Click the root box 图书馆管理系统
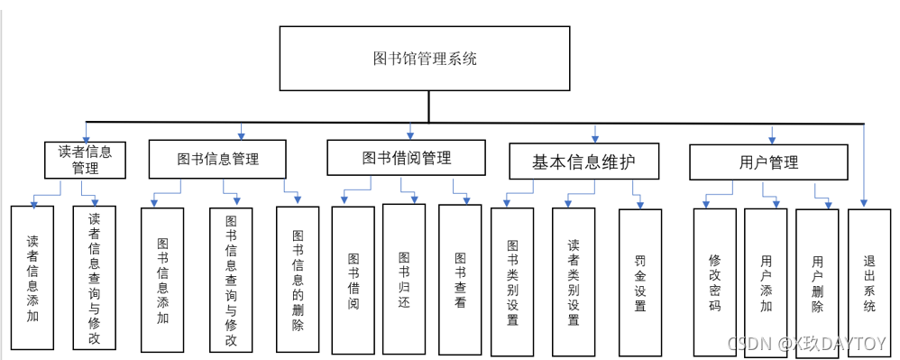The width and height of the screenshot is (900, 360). pos(425,58)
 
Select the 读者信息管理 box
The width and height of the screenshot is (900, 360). pos(86,160)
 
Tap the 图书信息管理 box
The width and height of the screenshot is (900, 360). pos(217,159)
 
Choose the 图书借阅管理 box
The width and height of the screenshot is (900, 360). pos(407,157)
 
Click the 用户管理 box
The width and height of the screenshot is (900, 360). pos(768,162)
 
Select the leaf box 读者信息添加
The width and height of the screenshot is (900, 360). pos(32,277)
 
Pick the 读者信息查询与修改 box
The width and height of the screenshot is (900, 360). pos(94,277)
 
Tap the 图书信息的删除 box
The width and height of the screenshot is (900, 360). pos(298,280)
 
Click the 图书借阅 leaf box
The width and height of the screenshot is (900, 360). pos(354,280)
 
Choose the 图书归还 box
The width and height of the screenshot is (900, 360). pos(404,279)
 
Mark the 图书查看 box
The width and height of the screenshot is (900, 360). pos(460,280)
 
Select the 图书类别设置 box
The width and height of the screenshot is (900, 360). pos(512,282)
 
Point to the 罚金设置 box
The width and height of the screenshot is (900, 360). pos(640,282)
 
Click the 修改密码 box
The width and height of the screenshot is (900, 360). pos(714,282)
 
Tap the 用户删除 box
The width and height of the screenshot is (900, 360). pos(817,283)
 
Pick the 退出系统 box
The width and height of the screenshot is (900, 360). pos(869,283)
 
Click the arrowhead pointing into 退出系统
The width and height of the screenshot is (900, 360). pos(864,203)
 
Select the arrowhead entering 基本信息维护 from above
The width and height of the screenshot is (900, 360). pos(595,138)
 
